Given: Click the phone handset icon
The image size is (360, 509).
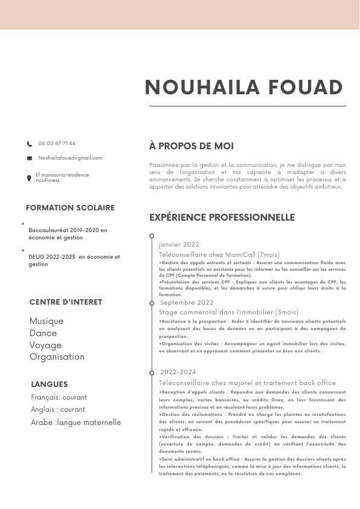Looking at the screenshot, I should (30, 144).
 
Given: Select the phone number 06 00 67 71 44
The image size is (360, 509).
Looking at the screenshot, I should (57, 143).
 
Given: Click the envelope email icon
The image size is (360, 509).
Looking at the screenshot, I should (30, 158).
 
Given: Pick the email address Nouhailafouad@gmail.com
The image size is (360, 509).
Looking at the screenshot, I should (70, 158).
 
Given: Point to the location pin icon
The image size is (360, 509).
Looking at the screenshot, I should (29, 178).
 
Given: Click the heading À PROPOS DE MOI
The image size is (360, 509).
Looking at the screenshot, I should (191, 146).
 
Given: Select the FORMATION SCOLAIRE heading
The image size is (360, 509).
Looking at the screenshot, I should (70, 208).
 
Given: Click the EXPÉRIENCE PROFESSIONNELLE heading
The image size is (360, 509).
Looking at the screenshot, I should (222, 218).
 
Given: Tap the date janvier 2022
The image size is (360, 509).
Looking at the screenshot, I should (179, 245).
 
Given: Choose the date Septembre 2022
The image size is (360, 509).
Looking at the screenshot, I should (187, 302).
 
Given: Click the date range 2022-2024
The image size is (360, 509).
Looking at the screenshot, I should (178, 372).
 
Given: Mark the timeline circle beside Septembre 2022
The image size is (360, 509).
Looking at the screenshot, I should (152, 302).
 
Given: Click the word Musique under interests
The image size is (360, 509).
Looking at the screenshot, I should (47, 321).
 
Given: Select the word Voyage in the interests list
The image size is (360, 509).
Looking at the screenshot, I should (45, 345).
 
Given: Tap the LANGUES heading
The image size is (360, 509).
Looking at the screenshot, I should (50, 384).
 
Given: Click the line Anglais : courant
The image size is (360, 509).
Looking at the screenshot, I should (58, 409).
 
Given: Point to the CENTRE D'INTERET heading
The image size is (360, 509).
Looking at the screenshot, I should (66, 302).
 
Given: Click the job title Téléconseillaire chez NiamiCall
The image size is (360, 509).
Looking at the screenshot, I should (211, 255).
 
